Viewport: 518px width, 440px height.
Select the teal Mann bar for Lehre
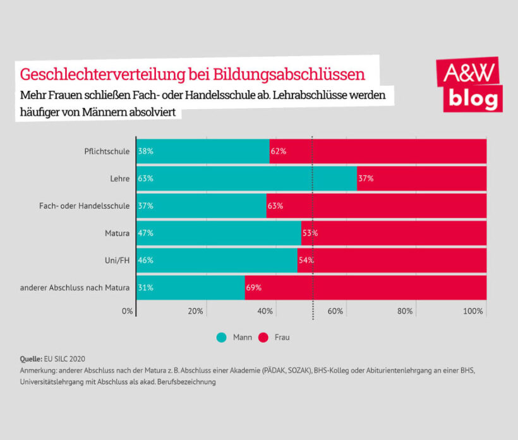click(x=246, y=178)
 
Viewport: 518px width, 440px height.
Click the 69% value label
click(x=253, y=287)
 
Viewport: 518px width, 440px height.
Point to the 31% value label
click(x=145, y=287)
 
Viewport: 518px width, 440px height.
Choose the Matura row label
click(x=117, y=233)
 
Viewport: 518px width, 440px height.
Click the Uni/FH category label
click(x=117, y=260)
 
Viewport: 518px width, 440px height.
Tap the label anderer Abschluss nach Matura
click(x=75, y=287)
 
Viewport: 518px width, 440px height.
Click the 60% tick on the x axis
click(x=335, y=311)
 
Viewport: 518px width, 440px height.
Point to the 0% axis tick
click(x=128, y=311)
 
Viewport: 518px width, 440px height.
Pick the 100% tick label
click(x=473, y=311)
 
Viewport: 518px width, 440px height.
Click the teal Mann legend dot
click(x=222, y=337)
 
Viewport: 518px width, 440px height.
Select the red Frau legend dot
click(x=263, y=337)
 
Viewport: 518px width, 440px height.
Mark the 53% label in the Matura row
click(x=310, y=233)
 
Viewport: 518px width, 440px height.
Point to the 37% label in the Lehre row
click(x=366, y=179)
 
